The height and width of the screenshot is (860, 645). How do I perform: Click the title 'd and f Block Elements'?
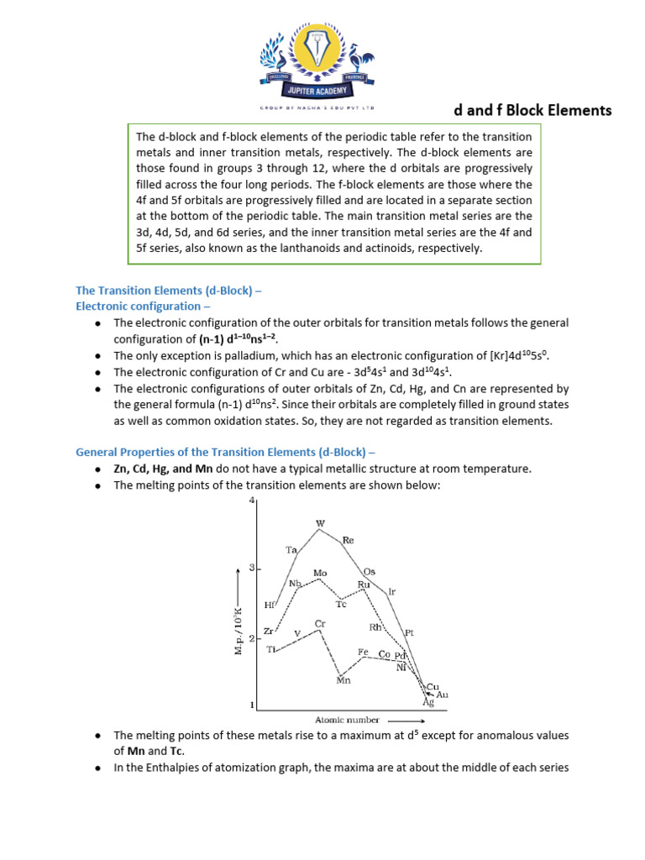[532, 110]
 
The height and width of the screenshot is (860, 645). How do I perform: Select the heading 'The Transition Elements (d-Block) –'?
[169, 291]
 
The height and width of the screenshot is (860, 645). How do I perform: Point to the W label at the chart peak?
[319, 522]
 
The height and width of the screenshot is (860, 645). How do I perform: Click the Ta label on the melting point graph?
[291, 550]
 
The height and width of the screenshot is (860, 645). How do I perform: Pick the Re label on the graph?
[349, 542]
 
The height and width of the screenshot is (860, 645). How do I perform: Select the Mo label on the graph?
[319, 574]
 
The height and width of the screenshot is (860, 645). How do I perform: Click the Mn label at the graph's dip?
[343, 680]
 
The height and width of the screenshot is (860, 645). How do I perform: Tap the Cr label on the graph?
[319, 623]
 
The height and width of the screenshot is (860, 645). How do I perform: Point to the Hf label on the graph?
[269, 605]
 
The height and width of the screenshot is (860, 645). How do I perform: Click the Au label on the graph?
[443, 695]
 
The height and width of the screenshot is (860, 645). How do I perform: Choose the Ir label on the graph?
[391, 592]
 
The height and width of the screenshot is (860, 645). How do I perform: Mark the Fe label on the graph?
[363, 652]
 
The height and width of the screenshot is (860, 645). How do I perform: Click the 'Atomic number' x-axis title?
[347, 720]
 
